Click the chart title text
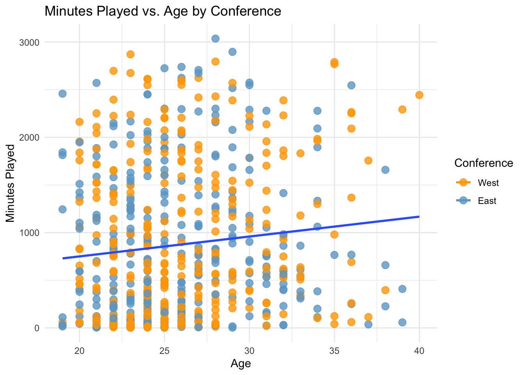(163, 11)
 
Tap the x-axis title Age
(241, 364)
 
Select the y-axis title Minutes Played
(11, 183)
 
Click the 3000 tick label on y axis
(30, 42)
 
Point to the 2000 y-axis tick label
(30, 137)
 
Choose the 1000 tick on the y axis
(30, 233)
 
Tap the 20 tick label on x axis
(80, 351)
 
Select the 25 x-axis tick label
(164, 351)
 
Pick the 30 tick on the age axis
(249, 351)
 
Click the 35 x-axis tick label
(334, 351)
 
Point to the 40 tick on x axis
(419, 351)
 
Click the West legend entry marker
(463, 183)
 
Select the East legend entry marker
(463, 201)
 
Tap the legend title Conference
(484, 163)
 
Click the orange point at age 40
(419, 95)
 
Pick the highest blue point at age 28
(215, 38)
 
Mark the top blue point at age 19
(62, 94)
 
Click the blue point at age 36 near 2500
(351, 85)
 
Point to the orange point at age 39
(402, 109)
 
